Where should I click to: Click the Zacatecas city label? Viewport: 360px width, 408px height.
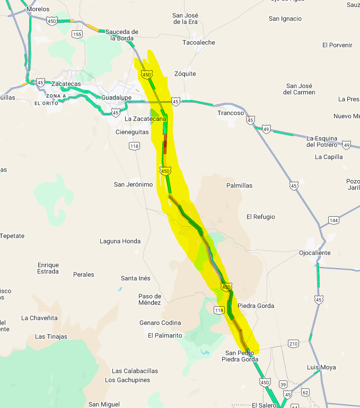point(66,84)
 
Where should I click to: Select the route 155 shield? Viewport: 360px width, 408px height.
point(77,34)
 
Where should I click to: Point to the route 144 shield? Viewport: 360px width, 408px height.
point(333,220)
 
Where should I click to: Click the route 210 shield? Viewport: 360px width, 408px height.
point(293,344)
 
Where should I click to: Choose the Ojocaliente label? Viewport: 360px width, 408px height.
point(314,253)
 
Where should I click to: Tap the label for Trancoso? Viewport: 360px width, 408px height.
point(231,113)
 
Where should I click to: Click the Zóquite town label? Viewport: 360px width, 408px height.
point(185,74)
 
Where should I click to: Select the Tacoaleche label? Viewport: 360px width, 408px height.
point(199,42)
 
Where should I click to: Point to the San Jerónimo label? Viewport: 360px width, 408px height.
point(133,184)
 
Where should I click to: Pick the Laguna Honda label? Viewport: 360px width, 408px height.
point(120,241)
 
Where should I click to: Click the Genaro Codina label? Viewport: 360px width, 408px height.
point(160,323)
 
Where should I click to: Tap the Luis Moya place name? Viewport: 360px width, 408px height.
point(321,367)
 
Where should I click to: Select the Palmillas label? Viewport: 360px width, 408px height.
point(239,185)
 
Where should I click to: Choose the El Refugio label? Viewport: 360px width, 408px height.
point(261,217)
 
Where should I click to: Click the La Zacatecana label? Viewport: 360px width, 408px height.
point(145,119)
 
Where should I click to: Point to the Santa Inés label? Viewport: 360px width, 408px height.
point(136,278)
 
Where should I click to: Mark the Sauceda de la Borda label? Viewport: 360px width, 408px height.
point(121,35)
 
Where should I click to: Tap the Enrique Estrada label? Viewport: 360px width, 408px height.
point(48,268)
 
